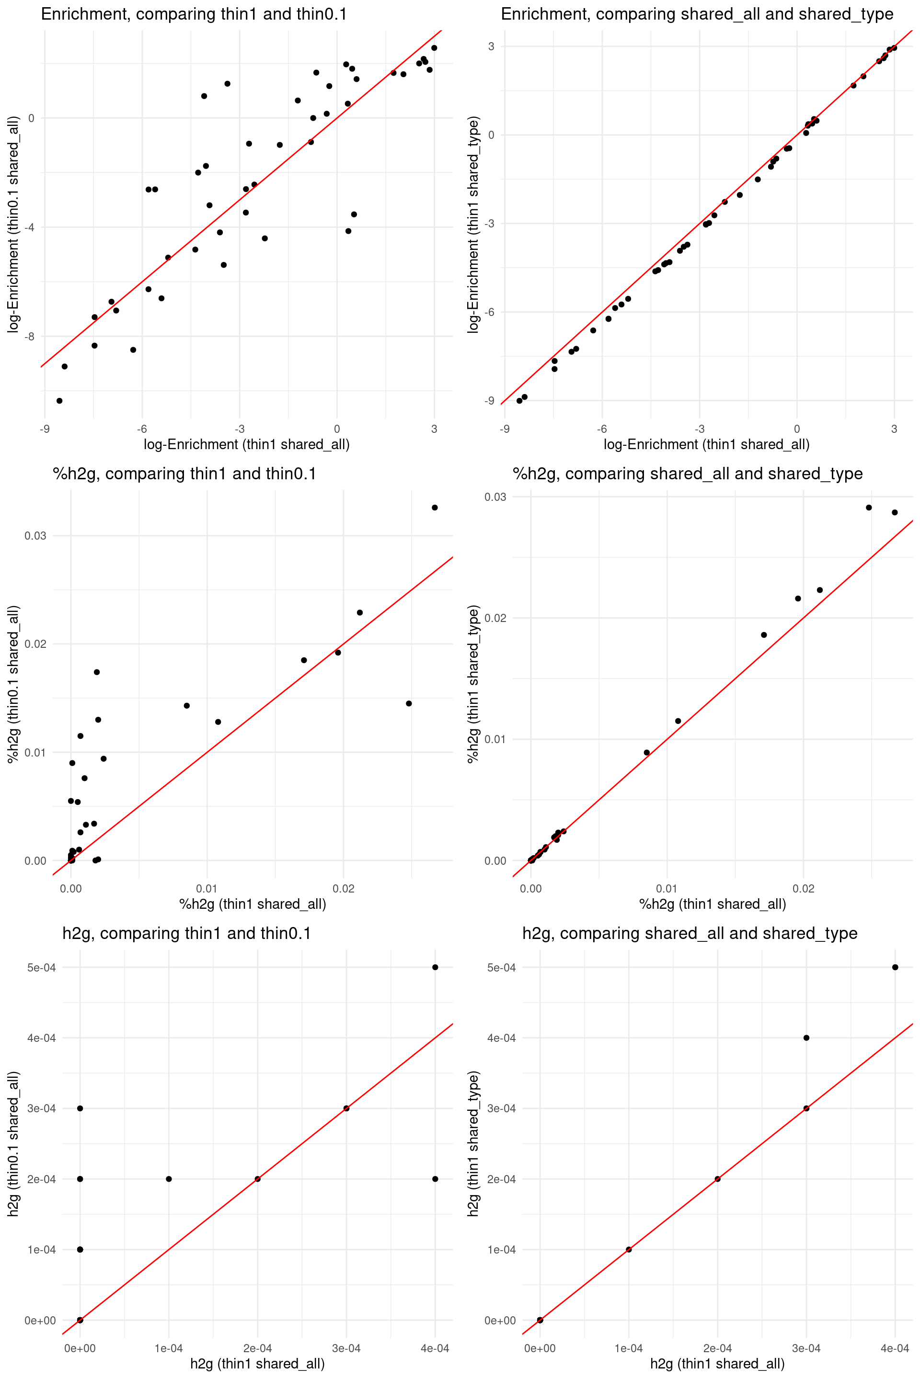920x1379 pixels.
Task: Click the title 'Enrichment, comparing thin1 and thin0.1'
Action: pos(194,14)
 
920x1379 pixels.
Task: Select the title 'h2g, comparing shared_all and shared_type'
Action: pos(690,933)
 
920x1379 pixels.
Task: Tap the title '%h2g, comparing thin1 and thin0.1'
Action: pos(184,474)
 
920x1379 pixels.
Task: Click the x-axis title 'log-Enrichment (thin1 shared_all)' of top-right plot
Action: pos(706,444)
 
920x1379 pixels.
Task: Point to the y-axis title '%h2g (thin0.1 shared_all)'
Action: pos(13,684)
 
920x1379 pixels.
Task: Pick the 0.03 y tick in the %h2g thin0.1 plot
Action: pos(34,536)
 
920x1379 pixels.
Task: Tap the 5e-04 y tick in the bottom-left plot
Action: pos(41,967)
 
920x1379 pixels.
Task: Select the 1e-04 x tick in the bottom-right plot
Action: pos(628,1348)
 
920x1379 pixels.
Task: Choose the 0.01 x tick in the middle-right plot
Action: pos(667,889)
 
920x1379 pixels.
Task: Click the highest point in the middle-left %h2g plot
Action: pos(435,508)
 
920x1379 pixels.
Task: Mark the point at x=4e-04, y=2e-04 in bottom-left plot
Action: pos(435,1179)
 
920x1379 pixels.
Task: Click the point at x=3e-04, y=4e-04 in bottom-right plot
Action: pos(806,1038)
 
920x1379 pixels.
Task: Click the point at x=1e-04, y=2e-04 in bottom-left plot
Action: pos(169,1179)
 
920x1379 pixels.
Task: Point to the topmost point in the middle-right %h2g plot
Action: pos(869,508)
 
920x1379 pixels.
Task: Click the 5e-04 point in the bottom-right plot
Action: pos(895,967)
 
